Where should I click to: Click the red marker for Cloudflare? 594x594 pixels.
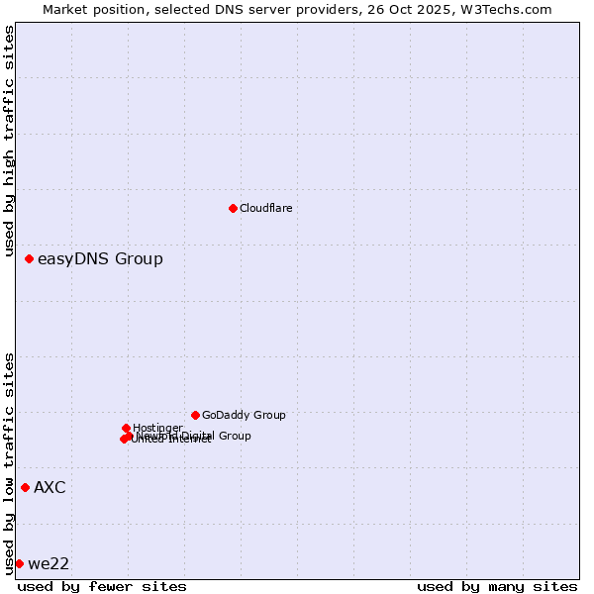233,208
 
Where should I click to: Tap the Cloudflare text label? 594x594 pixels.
265,208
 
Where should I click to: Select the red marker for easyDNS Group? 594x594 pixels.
29,259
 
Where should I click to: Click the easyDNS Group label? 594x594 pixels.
100,259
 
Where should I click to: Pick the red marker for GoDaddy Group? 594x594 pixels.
195,415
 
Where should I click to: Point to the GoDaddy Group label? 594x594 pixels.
244,415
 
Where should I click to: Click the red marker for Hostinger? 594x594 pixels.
126,428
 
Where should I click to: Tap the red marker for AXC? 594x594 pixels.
25,487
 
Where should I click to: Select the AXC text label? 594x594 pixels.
49,487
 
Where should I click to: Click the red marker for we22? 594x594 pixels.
19,563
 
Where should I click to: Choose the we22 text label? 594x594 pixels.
49,564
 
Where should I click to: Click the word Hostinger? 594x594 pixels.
157,428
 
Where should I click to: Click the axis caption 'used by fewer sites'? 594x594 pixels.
102,586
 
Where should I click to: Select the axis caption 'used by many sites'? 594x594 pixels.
497,586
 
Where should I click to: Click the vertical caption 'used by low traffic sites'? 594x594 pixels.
9,463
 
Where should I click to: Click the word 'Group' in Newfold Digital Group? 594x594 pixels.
234,436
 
